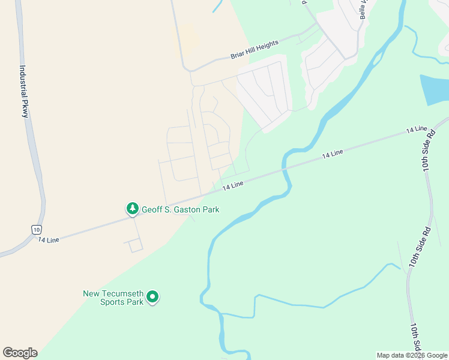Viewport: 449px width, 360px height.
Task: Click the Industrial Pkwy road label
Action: (24, 92)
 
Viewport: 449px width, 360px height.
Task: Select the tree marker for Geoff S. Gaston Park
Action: (132, 209)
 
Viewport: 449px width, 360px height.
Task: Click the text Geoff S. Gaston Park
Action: (180, 209)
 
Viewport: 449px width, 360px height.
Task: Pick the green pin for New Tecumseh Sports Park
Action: (152, 296)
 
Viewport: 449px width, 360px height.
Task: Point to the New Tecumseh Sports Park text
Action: (113, 298)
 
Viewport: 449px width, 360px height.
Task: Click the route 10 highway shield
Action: (37, 229)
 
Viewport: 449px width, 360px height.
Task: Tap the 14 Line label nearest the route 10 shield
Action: (49, 240)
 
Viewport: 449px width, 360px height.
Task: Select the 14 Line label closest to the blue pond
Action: (416, 130)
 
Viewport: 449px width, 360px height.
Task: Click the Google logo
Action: (20, 353)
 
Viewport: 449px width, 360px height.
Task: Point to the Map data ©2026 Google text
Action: (412, 355)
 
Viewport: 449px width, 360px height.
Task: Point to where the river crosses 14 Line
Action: (286, 171)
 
